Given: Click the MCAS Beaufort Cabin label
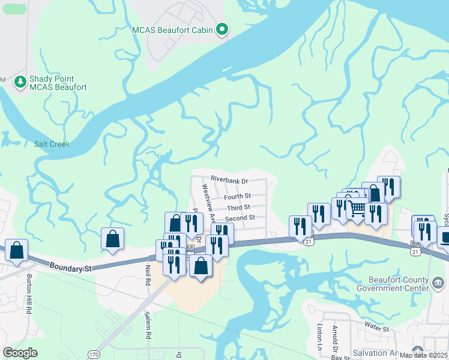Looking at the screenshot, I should (x=173, y=29).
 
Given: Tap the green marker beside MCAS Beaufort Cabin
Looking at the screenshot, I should (x=222, y=29).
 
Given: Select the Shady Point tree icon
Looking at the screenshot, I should (x=20, y=81).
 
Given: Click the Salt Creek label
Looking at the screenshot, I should (x=52, y=144).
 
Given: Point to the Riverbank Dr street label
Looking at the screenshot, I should (x=230, y=179).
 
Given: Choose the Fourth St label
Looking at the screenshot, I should (x=237, y=196).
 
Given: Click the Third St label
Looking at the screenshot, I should (x=238, y=207).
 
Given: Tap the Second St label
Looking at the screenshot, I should (x=240, y=218).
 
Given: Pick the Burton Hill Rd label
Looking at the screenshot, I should (x=29, y=295).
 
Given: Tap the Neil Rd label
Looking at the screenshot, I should (x=147, y=277).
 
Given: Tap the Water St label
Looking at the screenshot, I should (x=376, y=329).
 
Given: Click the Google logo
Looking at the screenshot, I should (x=20, y=352).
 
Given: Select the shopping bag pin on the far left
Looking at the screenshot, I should (x=17, y=250).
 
